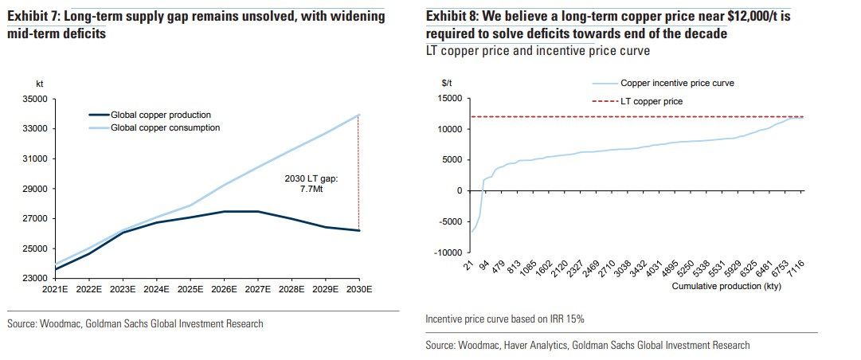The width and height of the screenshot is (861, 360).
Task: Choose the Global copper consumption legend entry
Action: [164, 127]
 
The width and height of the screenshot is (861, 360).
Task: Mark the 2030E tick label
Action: [359, 290]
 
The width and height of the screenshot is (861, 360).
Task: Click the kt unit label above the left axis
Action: [40, 83]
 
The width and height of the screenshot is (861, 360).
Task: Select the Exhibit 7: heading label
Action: [33, 15]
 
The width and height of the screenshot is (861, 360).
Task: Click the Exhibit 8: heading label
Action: [452, 15]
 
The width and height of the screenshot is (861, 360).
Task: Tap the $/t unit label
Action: [447, 83]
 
